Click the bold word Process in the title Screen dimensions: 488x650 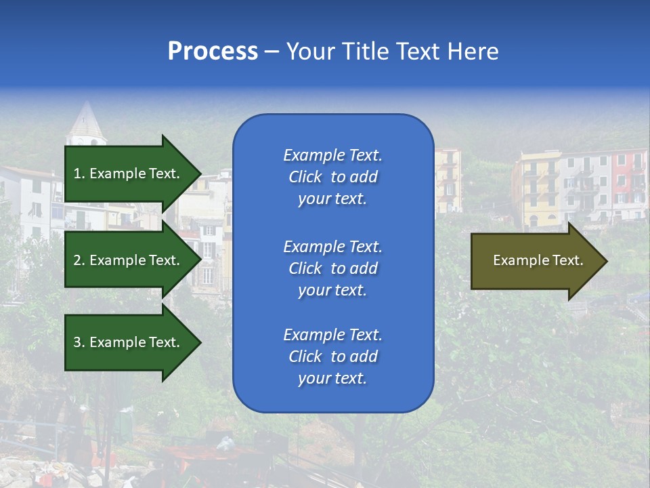click(x=213, y=52)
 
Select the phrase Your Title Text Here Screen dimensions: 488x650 click(x=392, y=52)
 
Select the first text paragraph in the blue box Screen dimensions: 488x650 click(x=332, y=177)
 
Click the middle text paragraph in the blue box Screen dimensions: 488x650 click(x=332, y=268)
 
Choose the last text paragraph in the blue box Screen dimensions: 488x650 click(x=332, y=357)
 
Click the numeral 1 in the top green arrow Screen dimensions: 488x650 click(x=77, y=174)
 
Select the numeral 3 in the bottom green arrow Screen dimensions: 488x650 click(x=77, y=342)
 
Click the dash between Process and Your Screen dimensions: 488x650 click(x=272, y=52)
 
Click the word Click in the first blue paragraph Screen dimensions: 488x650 click(x=305, y=177)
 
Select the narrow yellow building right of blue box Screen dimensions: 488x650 click(x=448, y=180)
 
